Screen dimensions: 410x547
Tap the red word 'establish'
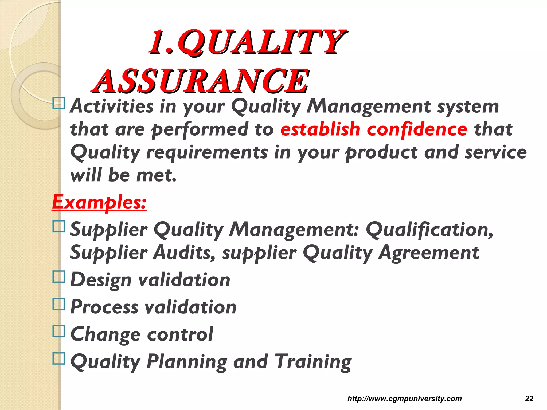pyautogui.click(x=320, y=129)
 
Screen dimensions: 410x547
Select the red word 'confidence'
pyautogui.click(x=417, y=129)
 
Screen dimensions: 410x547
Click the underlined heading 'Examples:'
pyautogui.click(x=99, y=202)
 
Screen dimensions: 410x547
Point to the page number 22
pyautogui.click(x=529, y=399)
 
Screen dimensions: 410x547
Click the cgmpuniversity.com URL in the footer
pyautogui.click(x=404, y=399)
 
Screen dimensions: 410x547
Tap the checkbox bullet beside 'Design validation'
pyautogui.click(x=59, y=277)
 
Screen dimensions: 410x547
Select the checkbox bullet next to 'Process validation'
pyautogui.click(x=59, y=304)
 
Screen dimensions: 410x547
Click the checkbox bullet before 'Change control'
pyautogui.click(x=59, y=331)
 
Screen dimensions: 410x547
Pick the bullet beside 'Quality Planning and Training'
pyautogui.click(x=59, y=358)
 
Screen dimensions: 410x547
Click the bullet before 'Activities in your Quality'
pyautogui.click(x=59, y=103)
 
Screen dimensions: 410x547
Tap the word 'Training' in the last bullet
pyautogui.click(x=313, y=361)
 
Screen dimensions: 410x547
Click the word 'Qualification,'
pyautogui.click(x=429, y=230)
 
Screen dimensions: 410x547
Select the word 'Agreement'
pyautogui.click(x=429, y=253)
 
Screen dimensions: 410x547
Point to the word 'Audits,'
pyautogui.click(x=184, y=253)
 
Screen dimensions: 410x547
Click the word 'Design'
pyautogui.click(x=101, y=280)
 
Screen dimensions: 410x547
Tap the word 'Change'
pyautogui.click(x=105, y=334)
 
